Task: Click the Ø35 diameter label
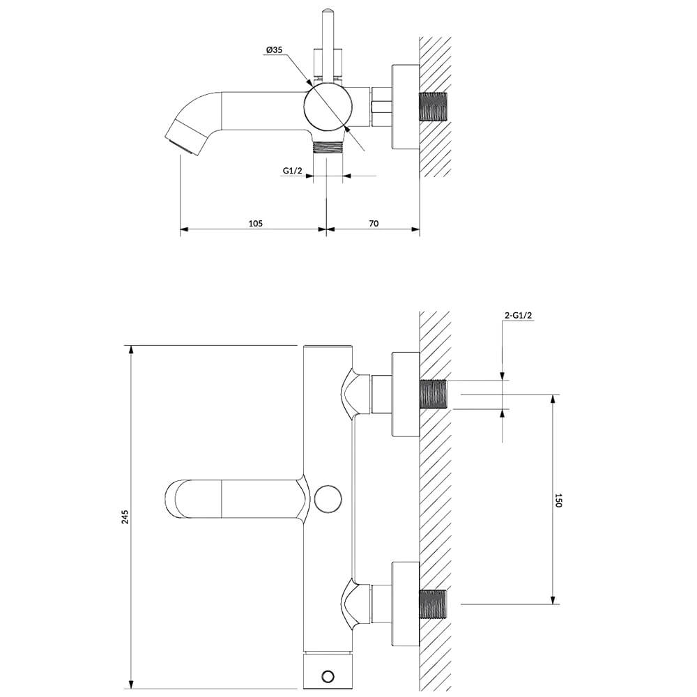(274, 50)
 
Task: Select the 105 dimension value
(255, 223)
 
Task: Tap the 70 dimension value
(374, 223)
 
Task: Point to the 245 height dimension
(125, 517)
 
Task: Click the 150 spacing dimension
(559, 500)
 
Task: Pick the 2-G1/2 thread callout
(519, 315)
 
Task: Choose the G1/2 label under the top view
(293, 170)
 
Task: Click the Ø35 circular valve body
(328, 108)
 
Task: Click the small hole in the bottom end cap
(328, 677)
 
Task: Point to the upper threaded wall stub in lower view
(434, 395)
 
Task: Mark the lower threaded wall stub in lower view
(434, 604)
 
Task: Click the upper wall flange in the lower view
(406, 395)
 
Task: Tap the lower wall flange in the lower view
(406, 604)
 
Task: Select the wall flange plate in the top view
(406, 107)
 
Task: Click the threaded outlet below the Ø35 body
(328, 147)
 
